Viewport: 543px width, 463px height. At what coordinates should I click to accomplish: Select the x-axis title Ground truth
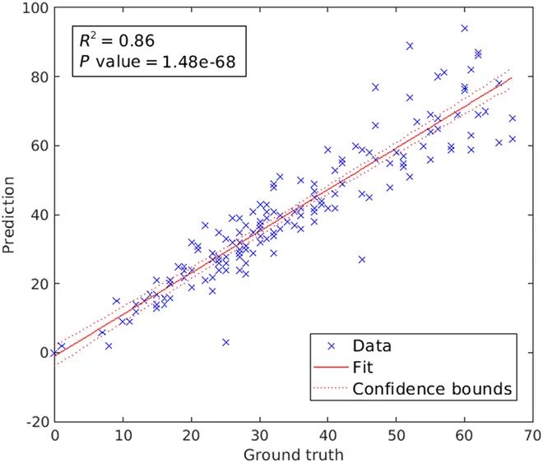[293, 453]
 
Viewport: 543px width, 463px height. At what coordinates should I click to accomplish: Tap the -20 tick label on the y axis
[35, 421]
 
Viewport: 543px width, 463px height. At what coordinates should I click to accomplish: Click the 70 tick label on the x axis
[532, 434]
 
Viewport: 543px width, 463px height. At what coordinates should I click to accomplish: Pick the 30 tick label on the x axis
[259, 434]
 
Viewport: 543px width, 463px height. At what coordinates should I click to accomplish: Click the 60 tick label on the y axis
[39, 146]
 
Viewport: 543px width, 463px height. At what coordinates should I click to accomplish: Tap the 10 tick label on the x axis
[123, 434]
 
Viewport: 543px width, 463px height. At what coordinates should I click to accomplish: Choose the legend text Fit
[361, 366]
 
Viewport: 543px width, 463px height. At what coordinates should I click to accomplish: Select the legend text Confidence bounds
[433, 387]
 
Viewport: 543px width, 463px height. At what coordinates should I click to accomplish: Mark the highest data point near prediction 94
[464, 28]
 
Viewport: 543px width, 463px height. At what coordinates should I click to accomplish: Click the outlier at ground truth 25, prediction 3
[225, 342]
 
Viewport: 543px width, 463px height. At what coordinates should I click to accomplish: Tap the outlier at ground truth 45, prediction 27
[362, 259]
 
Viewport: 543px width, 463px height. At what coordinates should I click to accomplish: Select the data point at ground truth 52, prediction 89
[410, 45]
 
